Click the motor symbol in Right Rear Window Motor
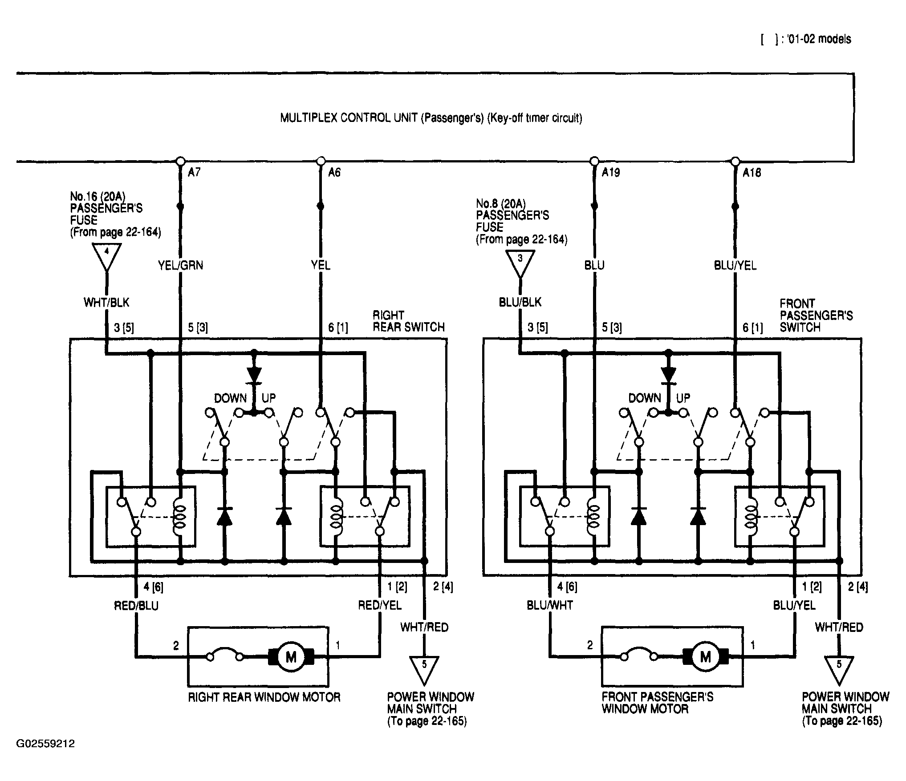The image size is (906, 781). pos(291,656)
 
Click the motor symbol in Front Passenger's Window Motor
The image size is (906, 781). pos(705,656)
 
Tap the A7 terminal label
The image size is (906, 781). pos(194,172)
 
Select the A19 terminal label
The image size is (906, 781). pos(611,172)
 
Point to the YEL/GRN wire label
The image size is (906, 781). pos(180,266)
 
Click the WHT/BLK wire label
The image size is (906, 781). pos(106,303)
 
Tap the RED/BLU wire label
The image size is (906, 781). pos(136,606)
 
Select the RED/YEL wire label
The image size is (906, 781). pos(380,605)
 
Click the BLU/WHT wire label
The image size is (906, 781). pos(550,605)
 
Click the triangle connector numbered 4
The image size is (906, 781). pos(106,257)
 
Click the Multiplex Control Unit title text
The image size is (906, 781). pos(431,118)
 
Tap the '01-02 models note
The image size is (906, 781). pos(806,39)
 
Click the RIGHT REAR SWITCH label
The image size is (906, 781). pos(409,321)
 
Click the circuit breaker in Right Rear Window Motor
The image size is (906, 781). pos(225,654)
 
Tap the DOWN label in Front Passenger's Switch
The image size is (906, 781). pos(644,398)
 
